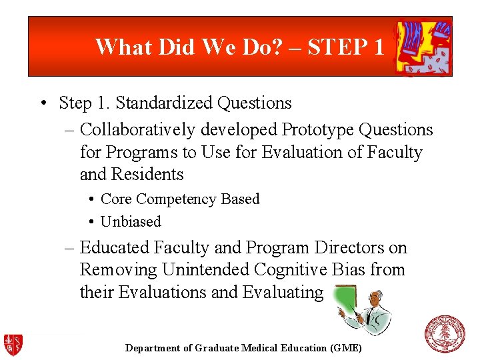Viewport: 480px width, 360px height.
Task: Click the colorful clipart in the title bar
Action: (423, 47)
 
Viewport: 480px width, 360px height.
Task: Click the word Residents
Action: (150, 175)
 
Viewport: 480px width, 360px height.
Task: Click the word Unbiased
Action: (131, 221)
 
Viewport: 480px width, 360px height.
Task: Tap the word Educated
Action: (115, 248)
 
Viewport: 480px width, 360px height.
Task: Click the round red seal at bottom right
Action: (445, 334)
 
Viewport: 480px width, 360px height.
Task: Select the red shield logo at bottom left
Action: (13, 344)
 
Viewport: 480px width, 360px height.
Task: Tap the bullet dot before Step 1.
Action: (42, 104)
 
